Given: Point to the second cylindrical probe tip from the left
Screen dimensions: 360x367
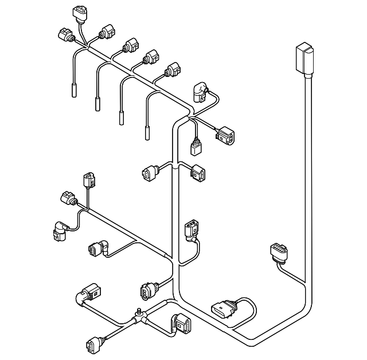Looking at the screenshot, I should click(x=97, y=104).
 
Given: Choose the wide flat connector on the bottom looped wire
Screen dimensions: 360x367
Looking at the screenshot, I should click(x=224, y=311).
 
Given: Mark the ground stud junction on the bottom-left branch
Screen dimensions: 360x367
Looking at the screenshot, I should click(x=138, y=315).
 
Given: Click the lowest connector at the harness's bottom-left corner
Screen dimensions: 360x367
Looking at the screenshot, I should click(x=93, y=345).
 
